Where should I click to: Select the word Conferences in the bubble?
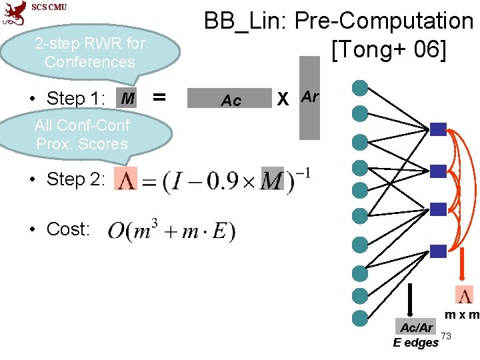coord(90,62)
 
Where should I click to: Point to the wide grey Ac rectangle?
coord(231,99)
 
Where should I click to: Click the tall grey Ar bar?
coord(309,97)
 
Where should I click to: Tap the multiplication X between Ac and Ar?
coord(283,99)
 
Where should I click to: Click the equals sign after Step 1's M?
coord(159,97)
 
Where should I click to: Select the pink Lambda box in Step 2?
coord(125,179)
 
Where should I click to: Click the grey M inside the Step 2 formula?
coord(272,179)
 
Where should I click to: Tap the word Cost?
coord(68,229)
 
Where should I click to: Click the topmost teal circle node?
coord(360,87)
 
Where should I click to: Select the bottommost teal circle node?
coord(360,317)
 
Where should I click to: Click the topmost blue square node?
coord(437,129)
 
